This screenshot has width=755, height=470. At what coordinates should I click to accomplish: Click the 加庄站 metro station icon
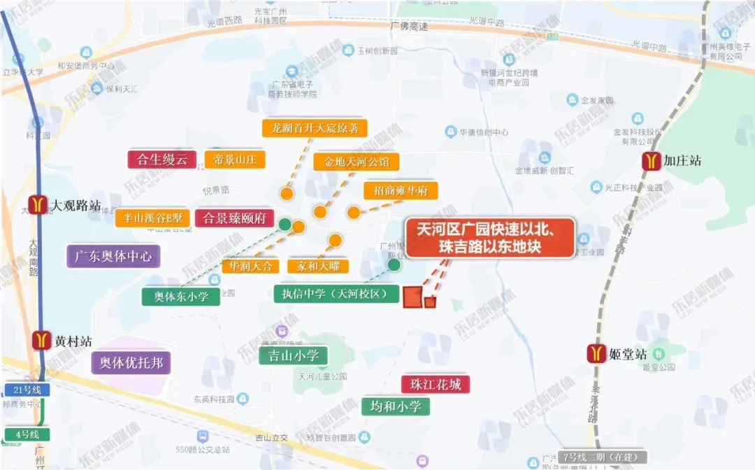click(652, 161)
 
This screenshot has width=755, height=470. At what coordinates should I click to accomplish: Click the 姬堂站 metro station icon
click(596, 354)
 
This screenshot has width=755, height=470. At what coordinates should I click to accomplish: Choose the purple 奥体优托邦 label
click(131, 362)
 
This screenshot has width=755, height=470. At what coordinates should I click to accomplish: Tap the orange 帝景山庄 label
click(235, 159)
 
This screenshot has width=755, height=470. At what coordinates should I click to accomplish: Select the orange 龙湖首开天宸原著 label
click(315, 128)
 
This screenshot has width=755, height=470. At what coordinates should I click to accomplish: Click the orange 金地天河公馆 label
click(357, 162)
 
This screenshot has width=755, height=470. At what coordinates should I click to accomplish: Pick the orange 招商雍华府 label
click(401, 190)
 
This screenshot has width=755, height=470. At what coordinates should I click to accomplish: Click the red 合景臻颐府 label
click(234, 218)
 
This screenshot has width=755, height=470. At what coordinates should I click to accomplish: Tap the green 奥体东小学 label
click(181, 296)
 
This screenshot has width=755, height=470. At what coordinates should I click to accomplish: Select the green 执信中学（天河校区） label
click(336, 294)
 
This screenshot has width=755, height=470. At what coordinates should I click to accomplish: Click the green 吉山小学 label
click(293, 356)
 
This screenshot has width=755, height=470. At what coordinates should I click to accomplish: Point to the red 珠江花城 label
click(436, 384)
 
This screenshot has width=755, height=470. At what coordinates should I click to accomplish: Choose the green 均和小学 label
click(395, 406)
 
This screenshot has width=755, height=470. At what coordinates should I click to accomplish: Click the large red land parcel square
click(412, 297)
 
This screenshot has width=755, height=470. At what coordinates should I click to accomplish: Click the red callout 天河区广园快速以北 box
click(490, 238)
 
